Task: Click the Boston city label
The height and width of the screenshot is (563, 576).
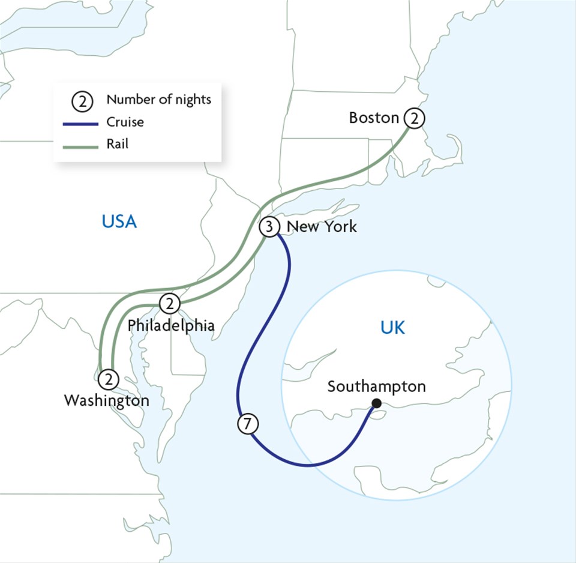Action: click(374, 118)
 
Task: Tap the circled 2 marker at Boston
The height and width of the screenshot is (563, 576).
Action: click(413, 118)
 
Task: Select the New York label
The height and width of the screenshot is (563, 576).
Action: click(322, 226)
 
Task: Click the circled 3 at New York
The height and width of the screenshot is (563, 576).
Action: click(269, 227)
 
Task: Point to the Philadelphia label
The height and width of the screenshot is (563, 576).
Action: click(171, 325)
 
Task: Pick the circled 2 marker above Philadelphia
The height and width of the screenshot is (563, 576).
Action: click(170, 304)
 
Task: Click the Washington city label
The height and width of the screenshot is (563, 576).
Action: click(107, 400)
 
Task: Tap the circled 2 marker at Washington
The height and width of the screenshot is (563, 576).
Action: click(109, 379)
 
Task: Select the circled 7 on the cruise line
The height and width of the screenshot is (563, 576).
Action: click(247, 424)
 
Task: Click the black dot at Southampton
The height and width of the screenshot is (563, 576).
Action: click(376, 403)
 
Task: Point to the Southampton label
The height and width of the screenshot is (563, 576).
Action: click(376, 386)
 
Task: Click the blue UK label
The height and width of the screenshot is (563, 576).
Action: click(392, 328)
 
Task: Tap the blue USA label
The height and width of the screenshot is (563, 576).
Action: click(119, 221)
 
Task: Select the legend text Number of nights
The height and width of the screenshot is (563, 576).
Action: click(159, 100)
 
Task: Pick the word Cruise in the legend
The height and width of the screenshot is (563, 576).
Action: click(125, 122)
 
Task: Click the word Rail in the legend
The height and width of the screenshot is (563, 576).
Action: click(117, 144)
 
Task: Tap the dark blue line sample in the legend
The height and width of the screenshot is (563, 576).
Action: click(80, 124)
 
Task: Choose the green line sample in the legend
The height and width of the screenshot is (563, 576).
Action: click(80, 146)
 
